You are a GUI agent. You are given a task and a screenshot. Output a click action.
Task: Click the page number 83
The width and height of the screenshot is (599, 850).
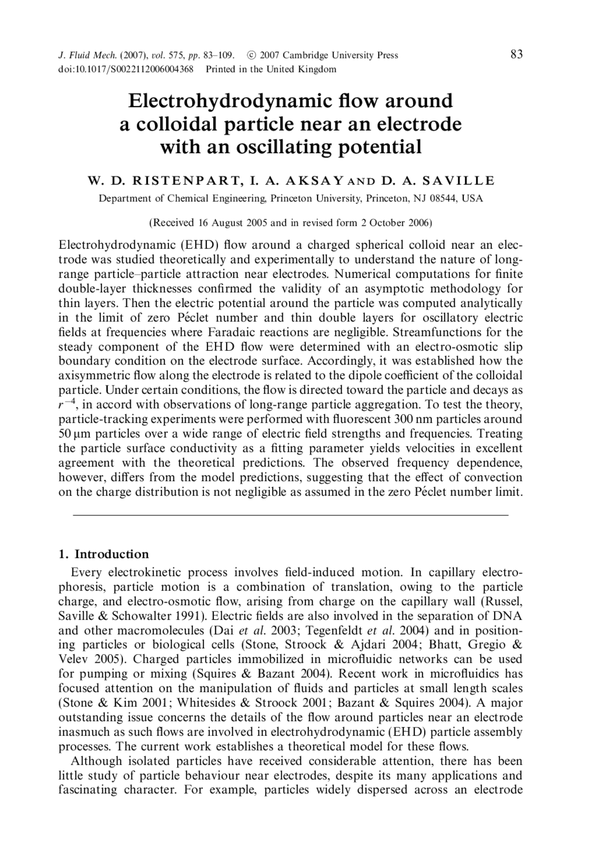pyautogui.click(x=516, y=55)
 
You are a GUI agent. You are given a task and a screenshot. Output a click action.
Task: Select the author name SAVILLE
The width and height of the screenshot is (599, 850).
pyautogui.click(x=461, y=181)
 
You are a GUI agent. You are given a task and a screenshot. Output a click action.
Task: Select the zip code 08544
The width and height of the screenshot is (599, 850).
pyautogui.click(x=445, y=199)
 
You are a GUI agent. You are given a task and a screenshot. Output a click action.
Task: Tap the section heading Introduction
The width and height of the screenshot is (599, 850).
pyautogui.click(x=111, y=554)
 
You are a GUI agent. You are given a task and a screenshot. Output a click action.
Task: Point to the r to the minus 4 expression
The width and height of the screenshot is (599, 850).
pyautogui.click(x=66, y=404)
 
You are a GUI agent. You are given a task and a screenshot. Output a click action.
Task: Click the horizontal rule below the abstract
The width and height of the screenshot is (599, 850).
pyautogui.click(x=290, y=515)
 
